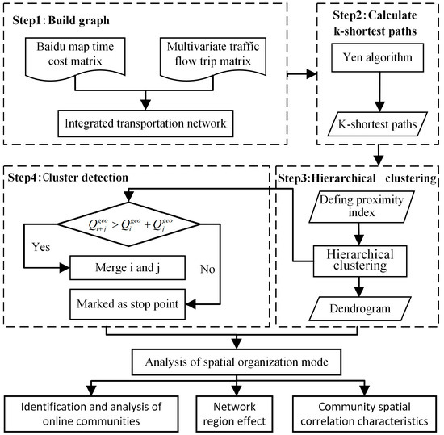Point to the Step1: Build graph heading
55,17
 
